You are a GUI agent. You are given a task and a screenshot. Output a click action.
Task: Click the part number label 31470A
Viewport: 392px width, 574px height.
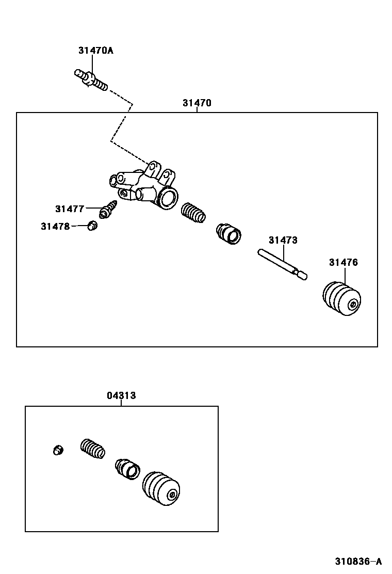tap(95, 51)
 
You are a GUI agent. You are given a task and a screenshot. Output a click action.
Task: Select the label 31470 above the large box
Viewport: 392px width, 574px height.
tap(197, 103)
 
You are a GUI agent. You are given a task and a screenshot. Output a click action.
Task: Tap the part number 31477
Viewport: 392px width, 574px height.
tap(69, 209)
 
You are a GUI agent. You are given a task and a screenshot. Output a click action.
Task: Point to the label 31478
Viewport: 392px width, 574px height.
tap(55, 226)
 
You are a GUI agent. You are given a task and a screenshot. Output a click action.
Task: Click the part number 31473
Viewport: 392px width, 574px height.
tap(283, 241)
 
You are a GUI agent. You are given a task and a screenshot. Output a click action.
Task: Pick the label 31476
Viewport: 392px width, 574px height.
tap(343, 263)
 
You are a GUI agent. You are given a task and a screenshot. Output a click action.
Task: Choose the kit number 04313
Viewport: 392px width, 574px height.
tap(121, 396)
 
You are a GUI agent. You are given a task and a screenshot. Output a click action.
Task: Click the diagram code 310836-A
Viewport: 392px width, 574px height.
tap(358, 562)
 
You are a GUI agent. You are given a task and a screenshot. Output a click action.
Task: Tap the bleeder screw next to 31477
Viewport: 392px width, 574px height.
tap(109, 210)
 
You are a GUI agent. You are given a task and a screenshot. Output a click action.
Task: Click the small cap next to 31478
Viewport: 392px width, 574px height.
tap(93, 225)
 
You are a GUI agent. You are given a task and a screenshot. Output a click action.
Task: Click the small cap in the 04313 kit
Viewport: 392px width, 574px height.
tap(58, 450)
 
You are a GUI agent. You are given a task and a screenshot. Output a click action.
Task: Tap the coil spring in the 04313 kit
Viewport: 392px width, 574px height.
tap(93, 448)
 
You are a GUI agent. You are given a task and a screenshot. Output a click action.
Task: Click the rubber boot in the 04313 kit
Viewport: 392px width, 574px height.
tap(162, 488)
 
